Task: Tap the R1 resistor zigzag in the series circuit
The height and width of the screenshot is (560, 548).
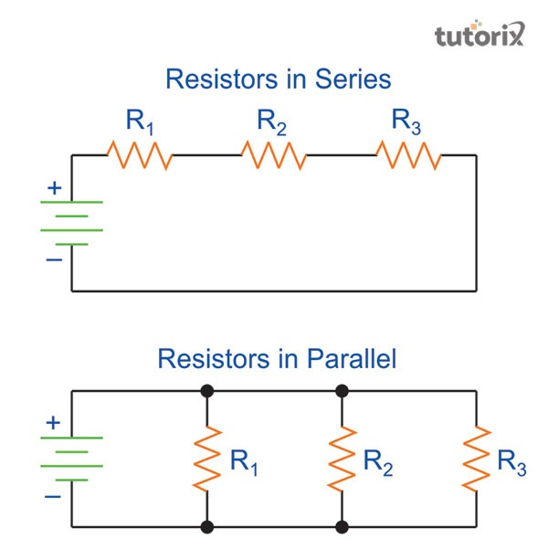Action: pos(140,154)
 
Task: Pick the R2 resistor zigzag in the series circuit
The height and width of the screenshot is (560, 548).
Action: pos(273,154)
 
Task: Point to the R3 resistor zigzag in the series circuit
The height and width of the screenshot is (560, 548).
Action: pos(409,154)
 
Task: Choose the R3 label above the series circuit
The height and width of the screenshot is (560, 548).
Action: pos(406,122)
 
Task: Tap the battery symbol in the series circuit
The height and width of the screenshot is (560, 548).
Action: pos(72,223)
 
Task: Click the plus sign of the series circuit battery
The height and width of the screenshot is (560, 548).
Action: pos(54,189)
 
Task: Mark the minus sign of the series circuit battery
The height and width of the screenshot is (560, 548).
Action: pos(54,259)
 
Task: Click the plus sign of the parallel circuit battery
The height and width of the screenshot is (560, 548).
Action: pos(54,424)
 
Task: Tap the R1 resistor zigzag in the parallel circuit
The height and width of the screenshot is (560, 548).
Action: pos(208,459)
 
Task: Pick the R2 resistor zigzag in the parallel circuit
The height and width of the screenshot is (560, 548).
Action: pos(342,459)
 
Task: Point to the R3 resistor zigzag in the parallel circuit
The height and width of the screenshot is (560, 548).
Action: pos(476,459)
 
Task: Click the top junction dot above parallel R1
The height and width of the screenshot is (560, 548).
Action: pos(208,391)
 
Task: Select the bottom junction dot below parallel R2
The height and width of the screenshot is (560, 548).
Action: pos(342,527)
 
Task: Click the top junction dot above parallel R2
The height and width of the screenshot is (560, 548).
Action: pos(342,391)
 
